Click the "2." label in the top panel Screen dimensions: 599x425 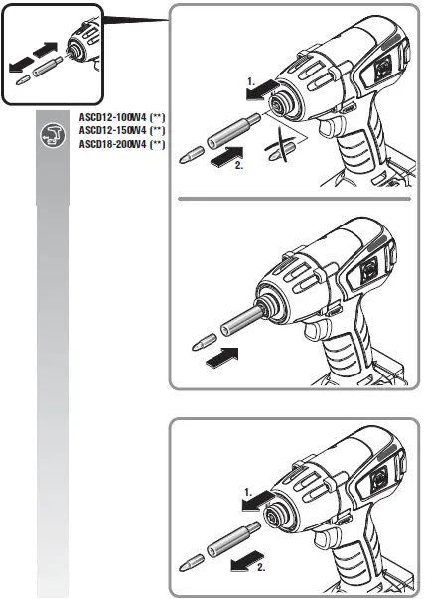238,167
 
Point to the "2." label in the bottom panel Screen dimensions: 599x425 261,569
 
